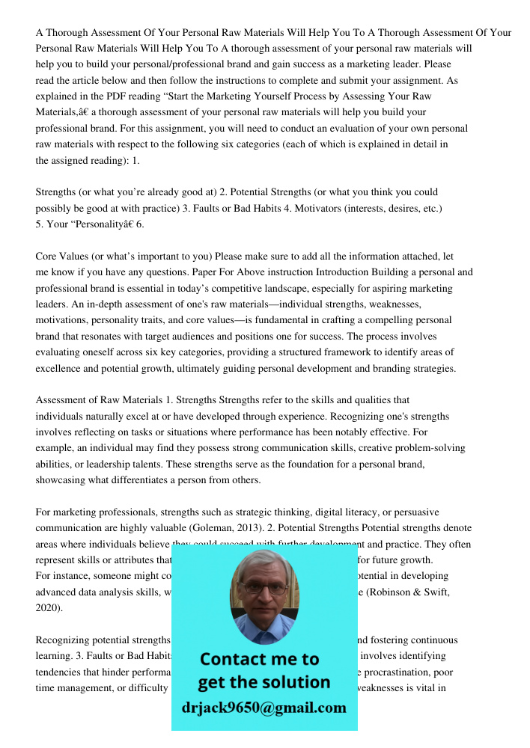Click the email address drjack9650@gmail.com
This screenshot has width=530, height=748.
click(x=264, y=708)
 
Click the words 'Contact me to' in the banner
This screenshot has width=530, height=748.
click(x=259, y=659)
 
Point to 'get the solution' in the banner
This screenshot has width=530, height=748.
click(x=264, y=682)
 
